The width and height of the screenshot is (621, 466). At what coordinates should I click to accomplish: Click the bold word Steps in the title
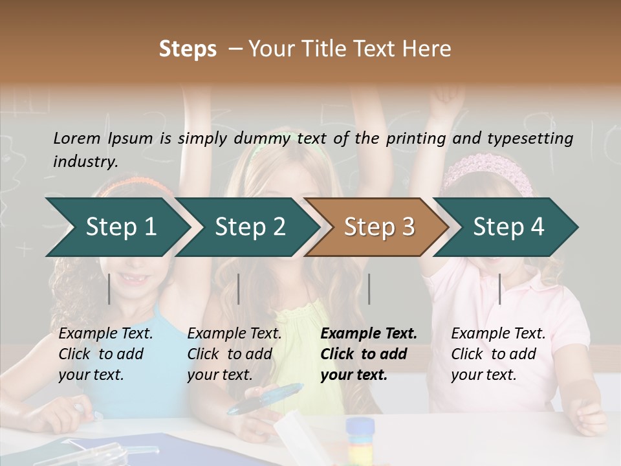tap(188, 49)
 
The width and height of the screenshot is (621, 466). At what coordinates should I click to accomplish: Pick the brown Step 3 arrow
tap(379, 227)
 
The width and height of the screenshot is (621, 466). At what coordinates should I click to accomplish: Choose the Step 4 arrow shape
tap(508, 227)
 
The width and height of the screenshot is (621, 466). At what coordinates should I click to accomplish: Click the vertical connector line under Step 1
tap(109, 289)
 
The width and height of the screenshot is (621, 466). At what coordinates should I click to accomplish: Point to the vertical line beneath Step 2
tap(239, 289)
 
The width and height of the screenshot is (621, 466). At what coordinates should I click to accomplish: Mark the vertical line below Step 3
tap(369, 289)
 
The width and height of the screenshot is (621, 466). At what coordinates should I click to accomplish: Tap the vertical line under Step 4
tap(499, 289)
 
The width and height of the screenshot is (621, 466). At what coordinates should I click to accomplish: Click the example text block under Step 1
tap(105, 354)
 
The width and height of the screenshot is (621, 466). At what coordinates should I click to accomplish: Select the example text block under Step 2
tap(234, 354)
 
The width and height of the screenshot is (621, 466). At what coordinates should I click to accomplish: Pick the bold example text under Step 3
tap(369, 354)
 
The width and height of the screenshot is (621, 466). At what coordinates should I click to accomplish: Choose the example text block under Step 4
tap(498, 354)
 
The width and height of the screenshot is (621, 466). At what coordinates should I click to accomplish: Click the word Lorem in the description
tap(77, 139)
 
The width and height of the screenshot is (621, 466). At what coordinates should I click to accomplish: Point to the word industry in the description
tap(85, 162)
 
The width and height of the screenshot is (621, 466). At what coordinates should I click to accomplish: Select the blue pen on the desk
tap(265, 399)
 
